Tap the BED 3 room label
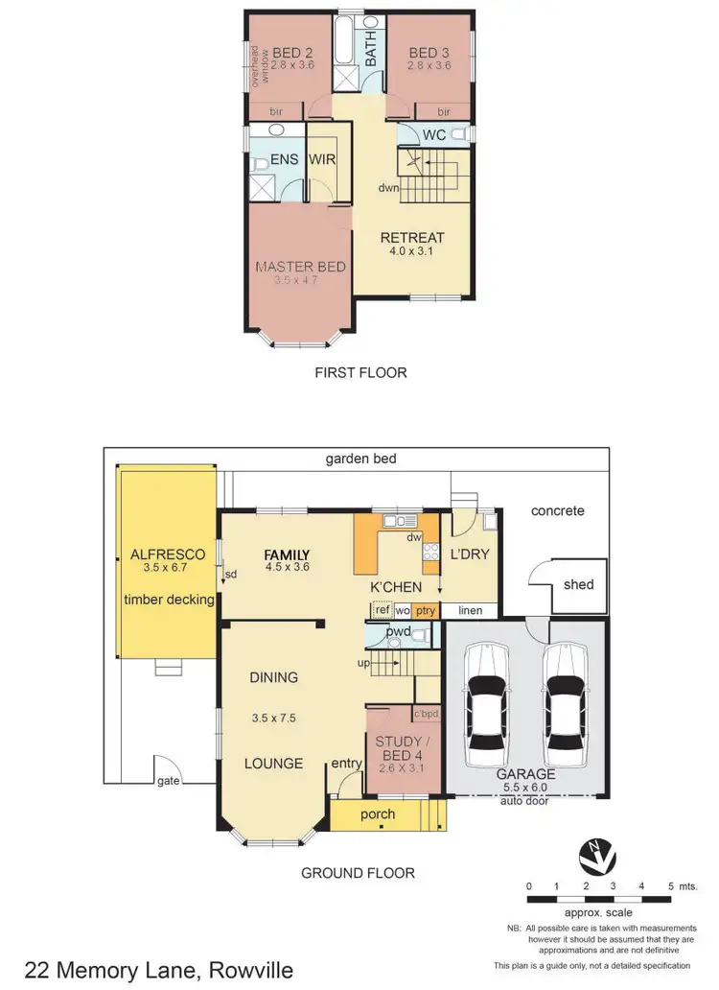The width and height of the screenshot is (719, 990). coord(429,52)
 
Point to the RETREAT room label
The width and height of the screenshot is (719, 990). coord(412,238)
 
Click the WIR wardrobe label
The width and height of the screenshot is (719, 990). coord(321,160)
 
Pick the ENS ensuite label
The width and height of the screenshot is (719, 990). coord(284,160)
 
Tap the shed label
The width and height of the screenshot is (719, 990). coord(579,584)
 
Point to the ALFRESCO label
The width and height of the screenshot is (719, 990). coord(163,554)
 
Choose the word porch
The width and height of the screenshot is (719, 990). coord(378,814)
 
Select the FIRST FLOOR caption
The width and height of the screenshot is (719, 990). coord(360,372)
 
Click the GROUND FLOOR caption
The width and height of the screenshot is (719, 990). coord(358,873)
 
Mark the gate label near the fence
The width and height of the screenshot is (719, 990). coord(170,782)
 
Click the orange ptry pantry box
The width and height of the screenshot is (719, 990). coord(426,610)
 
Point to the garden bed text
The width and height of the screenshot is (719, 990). coord(359,460)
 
